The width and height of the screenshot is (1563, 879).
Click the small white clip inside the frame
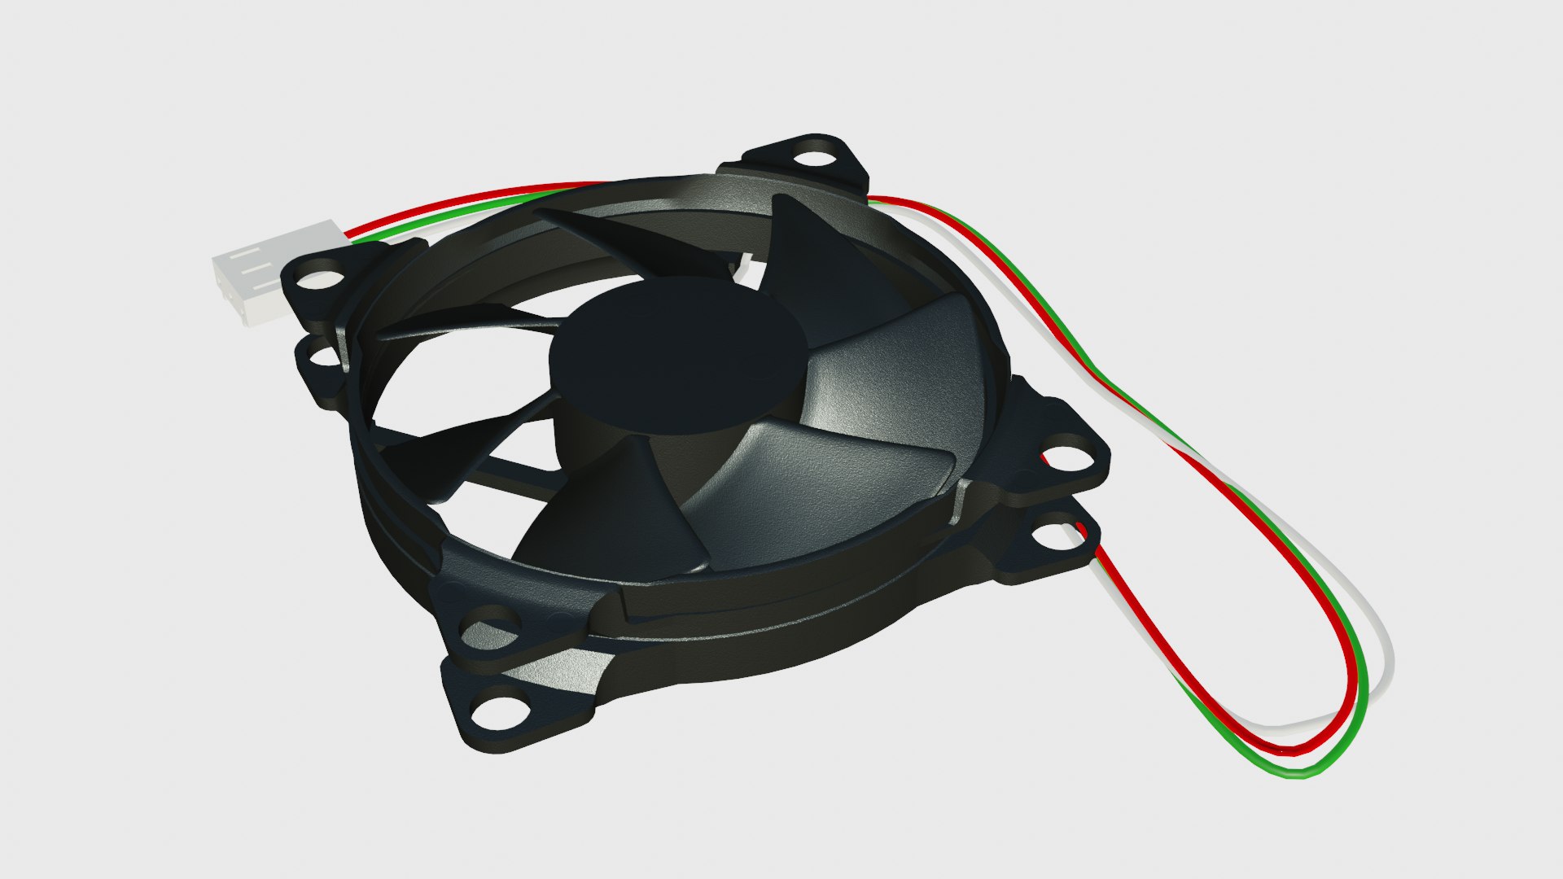click(747, 265)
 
